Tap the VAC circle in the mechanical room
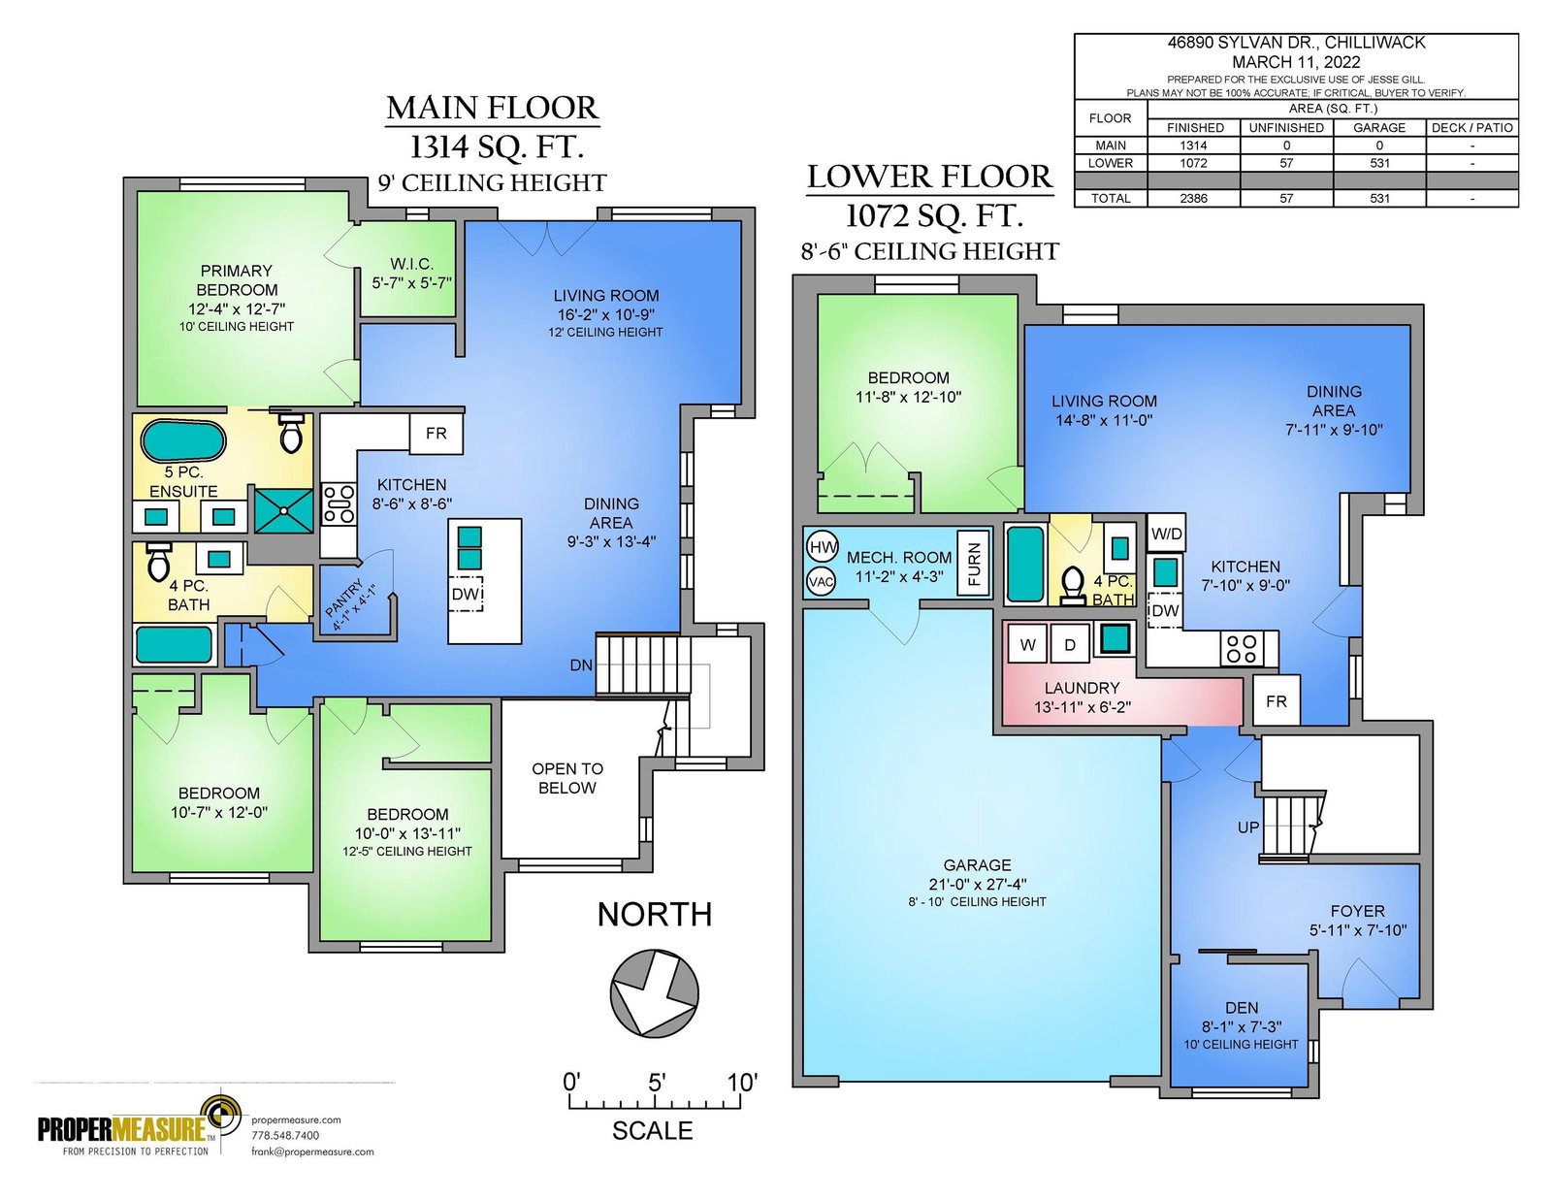[x=821, y=581]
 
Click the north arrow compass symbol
[x=654, y=992]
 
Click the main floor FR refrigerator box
[x=436, y=433]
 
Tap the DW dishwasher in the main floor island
[x=466, y=594]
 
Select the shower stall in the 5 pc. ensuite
[x=283, y=510]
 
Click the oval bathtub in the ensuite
[x=183, y=440]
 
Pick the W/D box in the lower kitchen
[x=1166, y=533]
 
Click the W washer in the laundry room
[x=1027, y=645]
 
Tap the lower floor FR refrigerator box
[x=1276, y=700]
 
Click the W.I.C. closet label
[x=412, y=264]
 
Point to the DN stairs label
[x=581, y=665]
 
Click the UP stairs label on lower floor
[x=1247, y=827]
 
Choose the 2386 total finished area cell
[x=1193, y=199]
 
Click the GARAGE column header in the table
[x=1379, y=128]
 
